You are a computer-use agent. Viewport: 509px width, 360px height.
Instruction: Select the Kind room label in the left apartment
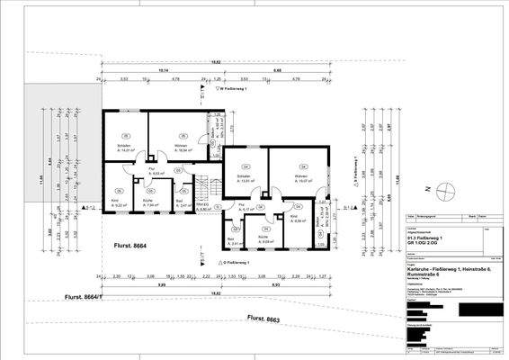(116, 201)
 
